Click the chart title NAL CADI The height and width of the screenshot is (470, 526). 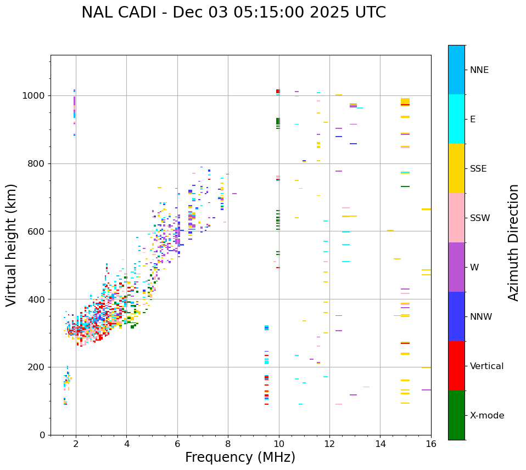pos(233,13)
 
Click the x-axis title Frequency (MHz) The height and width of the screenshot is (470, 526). pos(240,457)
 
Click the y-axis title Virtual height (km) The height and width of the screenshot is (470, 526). pos(12,245)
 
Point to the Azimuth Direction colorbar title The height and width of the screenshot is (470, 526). pos(513,242)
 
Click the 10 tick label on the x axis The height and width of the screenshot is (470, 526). pos(279,444)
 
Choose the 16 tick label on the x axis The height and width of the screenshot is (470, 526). pos(431,444)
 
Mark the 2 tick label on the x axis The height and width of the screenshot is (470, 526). pos(76,444)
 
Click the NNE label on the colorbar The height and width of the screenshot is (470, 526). pos(479,70)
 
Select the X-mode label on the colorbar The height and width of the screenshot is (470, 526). pos(486,416)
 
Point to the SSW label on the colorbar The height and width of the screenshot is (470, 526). pos(480,218)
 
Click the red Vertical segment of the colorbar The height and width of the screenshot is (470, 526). pos(456,366)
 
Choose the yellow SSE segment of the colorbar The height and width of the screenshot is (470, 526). pos(456,168)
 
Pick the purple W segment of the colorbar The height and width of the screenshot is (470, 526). pos(456,267)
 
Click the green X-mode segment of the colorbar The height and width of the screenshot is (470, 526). pos(456,415)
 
